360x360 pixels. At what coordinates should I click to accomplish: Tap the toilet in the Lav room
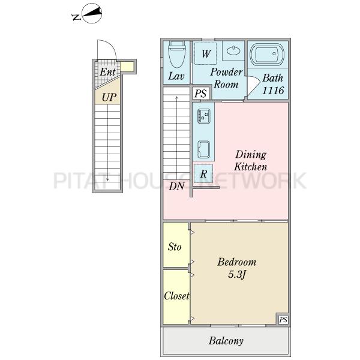[x=177, y=55]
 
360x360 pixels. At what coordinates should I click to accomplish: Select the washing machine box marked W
[x=205, y=54]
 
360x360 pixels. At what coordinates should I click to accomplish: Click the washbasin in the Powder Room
[x=233, y=50]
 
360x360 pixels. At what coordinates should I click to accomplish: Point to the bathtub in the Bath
[x=267, y=55]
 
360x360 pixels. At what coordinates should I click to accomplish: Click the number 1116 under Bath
[x=273, y=91]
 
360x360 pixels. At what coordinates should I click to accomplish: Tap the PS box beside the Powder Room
[x=200, y=93]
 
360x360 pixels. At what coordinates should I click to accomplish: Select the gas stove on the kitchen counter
[x=204, y=116]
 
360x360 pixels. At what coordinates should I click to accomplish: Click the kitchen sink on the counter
[x=204, y=149]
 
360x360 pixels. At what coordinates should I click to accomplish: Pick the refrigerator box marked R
[x=203, y=173]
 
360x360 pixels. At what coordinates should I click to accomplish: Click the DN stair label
[x=176, y=187]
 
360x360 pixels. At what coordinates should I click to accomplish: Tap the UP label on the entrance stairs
[x=109, y=97]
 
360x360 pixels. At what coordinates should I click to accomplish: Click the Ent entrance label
[x=107, y=72]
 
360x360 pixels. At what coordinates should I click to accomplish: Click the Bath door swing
[x=253, y=85]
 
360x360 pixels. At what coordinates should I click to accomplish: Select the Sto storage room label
[x=175, y=247]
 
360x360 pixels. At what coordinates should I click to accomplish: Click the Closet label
[x=176, y=296]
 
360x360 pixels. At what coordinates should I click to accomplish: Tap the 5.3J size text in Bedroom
[x=237, y=274]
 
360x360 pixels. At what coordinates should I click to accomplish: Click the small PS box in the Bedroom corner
[x=283, y=320]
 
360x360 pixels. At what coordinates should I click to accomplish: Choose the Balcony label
[x=226, y=341]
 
